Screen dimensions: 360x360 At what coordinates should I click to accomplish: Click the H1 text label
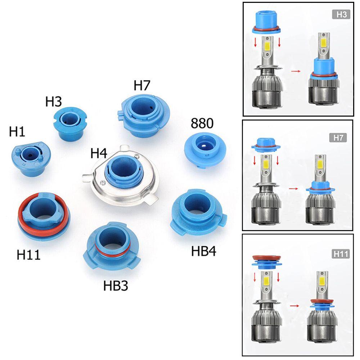tap(17, 132)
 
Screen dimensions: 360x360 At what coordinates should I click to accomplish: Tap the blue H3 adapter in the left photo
tap(70, 122)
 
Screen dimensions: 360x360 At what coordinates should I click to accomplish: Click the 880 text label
tap(202, 123)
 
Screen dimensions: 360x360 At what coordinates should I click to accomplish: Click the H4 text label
tap(99, 153)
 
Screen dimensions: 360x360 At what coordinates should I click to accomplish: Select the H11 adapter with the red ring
tap(43, 216)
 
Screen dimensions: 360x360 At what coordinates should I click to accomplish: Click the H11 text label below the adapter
tap(29, 255)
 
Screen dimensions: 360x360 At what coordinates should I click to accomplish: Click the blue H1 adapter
tap(31, 160)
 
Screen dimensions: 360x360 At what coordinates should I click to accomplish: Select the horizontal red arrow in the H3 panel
tap(295, 71)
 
